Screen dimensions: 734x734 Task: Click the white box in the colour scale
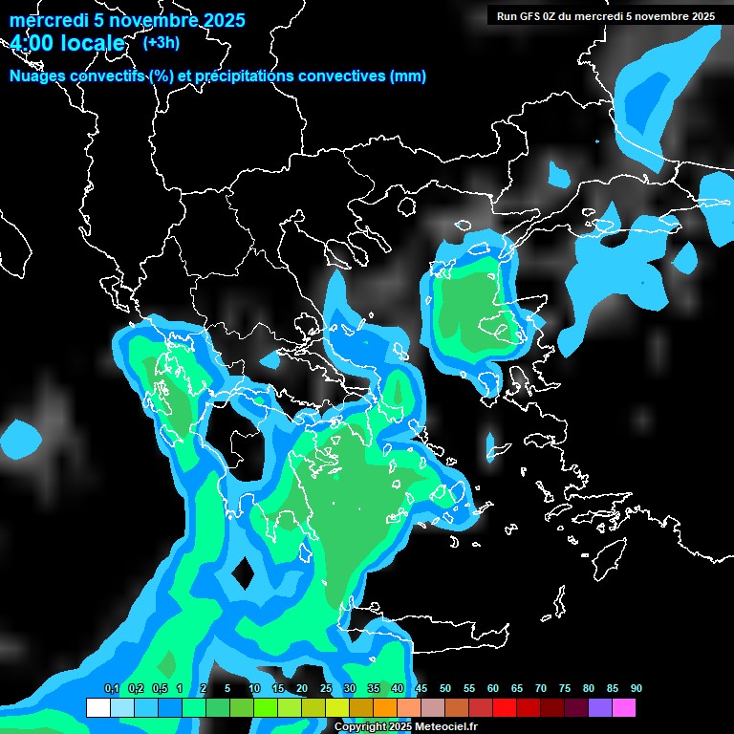point(97,708)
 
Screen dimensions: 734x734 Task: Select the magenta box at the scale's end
point(624,708)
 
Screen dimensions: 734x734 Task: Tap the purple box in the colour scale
point(600,708)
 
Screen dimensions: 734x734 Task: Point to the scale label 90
point(636,689)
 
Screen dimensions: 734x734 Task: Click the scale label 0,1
point(112,689)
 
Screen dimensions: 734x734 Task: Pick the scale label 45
point(421,689)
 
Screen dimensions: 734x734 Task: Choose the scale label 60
point(493,689)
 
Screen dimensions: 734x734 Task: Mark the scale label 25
point(326,689)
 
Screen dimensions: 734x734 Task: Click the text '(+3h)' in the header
point(161,42)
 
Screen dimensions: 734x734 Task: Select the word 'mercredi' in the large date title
point(43,20)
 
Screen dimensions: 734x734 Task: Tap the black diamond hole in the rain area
point(243,573)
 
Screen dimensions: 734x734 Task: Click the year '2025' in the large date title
point(216,20)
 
